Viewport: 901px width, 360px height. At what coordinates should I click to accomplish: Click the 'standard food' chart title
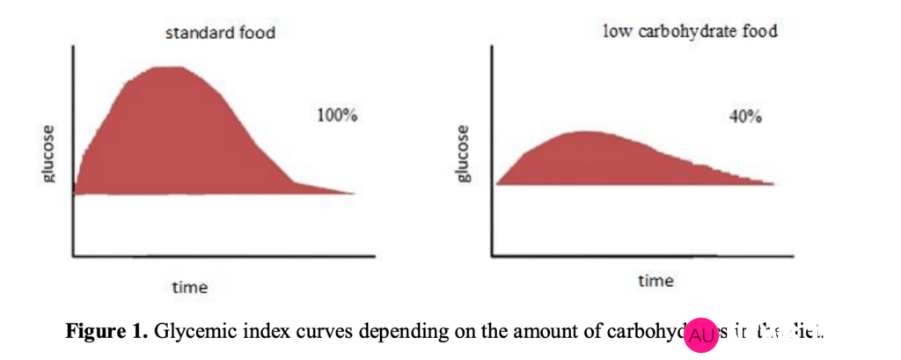pyautogui.click(x=220, y=33)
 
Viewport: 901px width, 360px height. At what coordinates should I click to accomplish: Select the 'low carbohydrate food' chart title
pyautogui.click(x=690, y=32)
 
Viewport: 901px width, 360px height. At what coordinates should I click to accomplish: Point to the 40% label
pyautogui.click(x=745, y=118)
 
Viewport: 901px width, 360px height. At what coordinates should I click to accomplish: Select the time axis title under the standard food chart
pyautogui.click(x=190, y=287)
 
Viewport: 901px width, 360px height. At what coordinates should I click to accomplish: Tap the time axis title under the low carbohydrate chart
pyautogui.click(x=656, y=281)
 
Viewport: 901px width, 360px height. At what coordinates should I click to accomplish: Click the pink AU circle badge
pyautogui.click(x=701, y=335)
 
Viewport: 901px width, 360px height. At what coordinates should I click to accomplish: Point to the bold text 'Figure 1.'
pyautogui.click(x=107, y=332)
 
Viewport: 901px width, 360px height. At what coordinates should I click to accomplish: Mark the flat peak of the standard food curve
pyautogui.click(x=169, y=67)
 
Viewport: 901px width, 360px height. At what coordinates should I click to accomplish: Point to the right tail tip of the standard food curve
pyautogui.click(x=355, y=193)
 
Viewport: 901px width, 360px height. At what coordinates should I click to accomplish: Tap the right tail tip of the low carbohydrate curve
pyautogui.click(x=773, y=183)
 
